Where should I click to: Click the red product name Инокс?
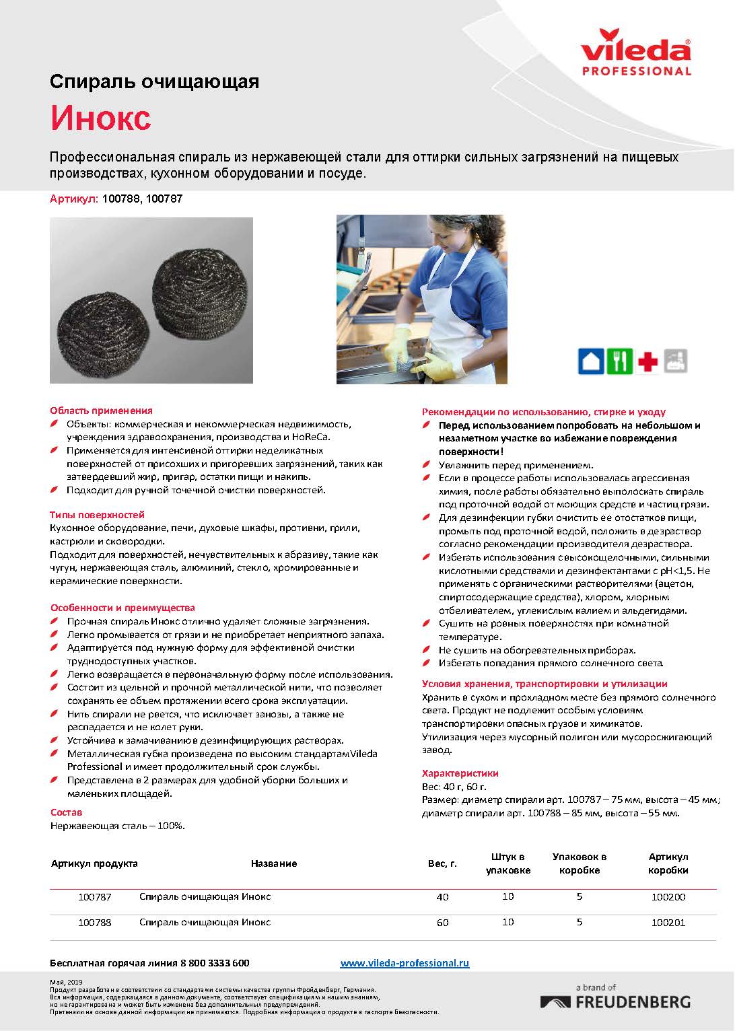click(x=101, y=118)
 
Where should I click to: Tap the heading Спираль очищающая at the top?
click(x=155, y=82)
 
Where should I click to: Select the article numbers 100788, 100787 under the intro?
click(x=142, y=199)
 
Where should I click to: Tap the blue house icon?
click(x=590, y=361)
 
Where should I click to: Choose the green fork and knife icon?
click(x=619, y=361)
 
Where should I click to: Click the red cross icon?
click(x=648, y=362)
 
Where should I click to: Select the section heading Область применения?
click(x=102, y=411)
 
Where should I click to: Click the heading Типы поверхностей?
click(x=98, y=515)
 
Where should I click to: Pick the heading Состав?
click(x=67, y=812)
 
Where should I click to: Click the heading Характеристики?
click(x=460, y=773)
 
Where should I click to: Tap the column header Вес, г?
click(x=442, y=863)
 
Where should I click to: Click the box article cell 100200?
click(x=668, y=897)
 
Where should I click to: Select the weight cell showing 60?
click(x=442, y=923)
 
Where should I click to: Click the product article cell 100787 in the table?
click(x=95, y=897)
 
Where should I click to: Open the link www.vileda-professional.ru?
click(x=405, y=963)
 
